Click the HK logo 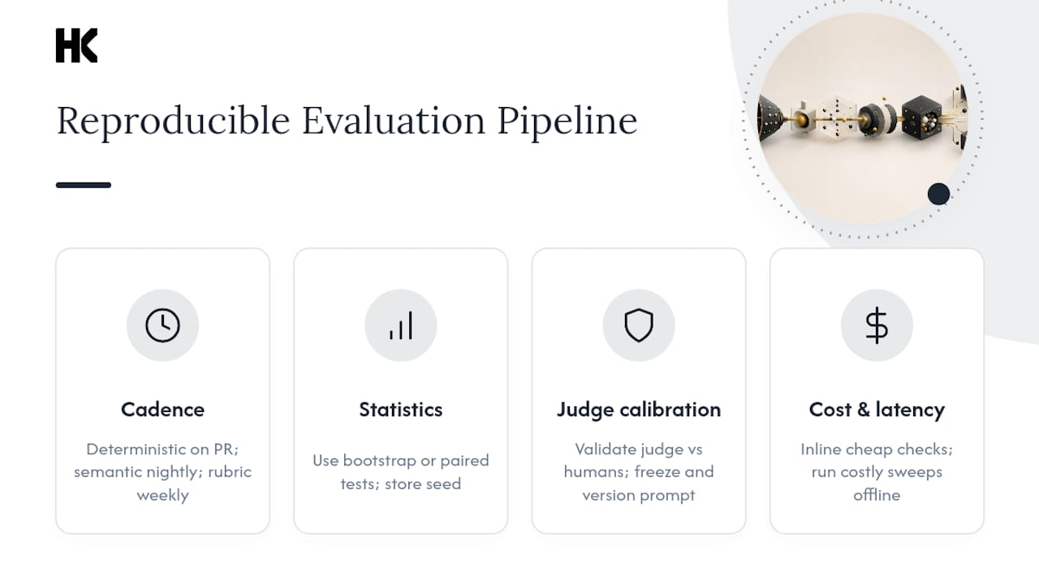click(76, 45)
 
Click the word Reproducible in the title click(173, 122)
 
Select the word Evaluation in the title click(394, 121)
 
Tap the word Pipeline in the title click(567, 122)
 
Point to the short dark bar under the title click(84, 185)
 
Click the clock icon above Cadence click(163, 325)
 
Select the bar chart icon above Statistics click(401, 325)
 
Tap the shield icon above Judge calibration click(639, 325)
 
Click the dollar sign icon click(877, 325)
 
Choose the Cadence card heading click(163, 410)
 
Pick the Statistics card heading click(401, 410)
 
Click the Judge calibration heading click(639, 410)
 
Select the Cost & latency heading click(877, 410)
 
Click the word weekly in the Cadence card click(163, 496)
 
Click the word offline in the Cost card click(877, 495)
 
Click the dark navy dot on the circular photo click(938, 194)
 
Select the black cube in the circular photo click(921, 117)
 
